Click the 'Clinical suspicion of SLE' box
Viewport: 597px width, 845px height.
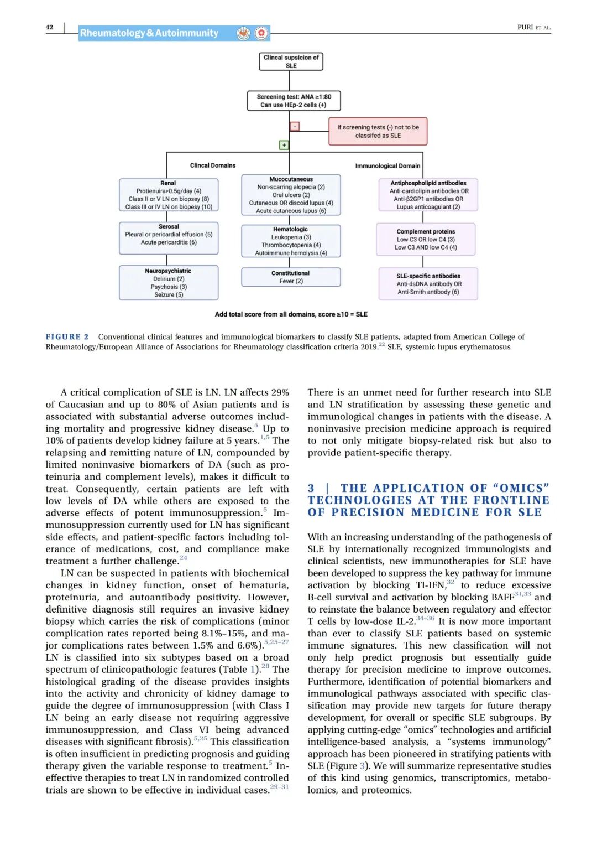tap(291, 61)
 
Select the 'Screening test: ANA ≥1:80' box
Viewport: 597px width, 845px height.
tap(294, 101)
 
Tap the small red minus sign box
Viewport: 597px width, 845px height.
tap(295, 126)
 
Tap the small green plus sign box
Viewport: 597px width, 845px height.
tap(284, 145)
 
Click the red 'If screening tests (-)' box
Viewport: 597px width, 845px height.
tap(378, 131)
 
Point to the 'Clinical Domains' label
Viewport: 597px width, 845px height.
tap(213, 165)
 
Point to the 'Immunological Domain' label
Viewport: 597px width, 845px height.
tap(387, 165)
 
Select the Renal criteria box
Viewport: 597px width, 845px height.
tap(169, 195)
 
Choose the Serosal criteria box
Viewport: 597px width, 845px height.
tap(169, 238)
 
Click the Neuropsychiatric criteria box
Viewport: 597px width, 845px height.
tap(169, 283)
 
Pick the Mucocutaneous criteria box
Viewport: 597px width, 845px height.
tap(291, 195)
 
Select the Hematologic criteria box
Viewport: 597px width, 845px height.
tap(291, 241)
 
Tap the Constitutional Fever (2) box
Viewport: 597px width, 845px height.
tap(291, 277)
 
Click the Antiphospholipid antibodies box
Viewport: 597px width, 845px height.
tap(428, 195)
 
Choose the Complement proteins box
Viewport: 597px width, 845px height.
tap(426, 239)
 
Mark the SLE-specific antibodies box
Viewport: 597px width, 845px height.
tap(428, 284)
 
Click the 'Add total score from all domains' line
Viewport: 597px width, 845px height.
tap(291, 314)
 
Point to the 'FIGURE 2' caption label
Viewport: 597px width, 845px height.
tap(67, 337)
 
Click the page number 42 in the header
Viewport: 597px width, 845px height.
tap(50, 27)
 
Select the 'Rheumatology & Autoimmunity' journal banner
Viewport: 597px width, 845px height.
tap(149, 33)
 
